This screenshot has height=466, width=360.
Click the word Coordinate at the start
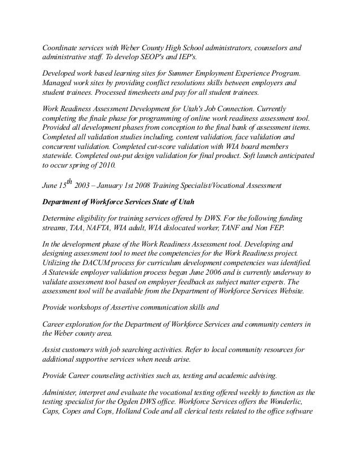click(61, 47)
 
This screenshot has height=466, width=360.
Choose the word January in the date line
click(127, 184)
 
